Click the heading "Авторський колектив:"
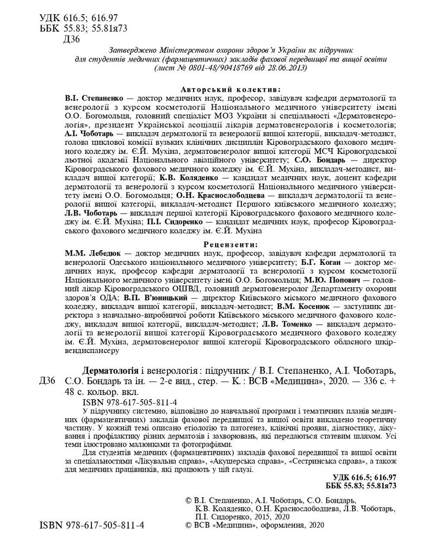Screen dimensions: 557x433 pos(230,89)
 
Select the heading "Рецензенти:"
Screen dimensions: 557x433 pos(230,244)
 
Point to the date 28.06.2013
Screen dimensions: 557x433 pos(284,69)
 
